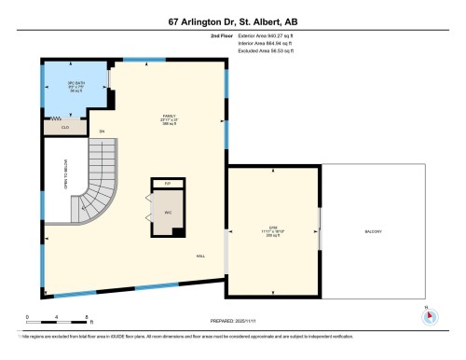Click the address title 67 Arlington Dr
(x=232, y=21)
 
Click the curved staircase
(x=98, y=187)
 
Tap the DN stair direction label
(x=102, y=132)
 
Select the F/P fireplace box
(x=168, y=182)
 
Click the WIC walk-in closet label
(x=168, y=212)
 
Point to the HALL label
(x=200, y=256)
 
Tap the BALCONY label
(x=373, y=231)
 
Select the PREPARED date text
(x=233, y=320)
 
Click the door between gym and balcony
(x=320, y=228)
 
